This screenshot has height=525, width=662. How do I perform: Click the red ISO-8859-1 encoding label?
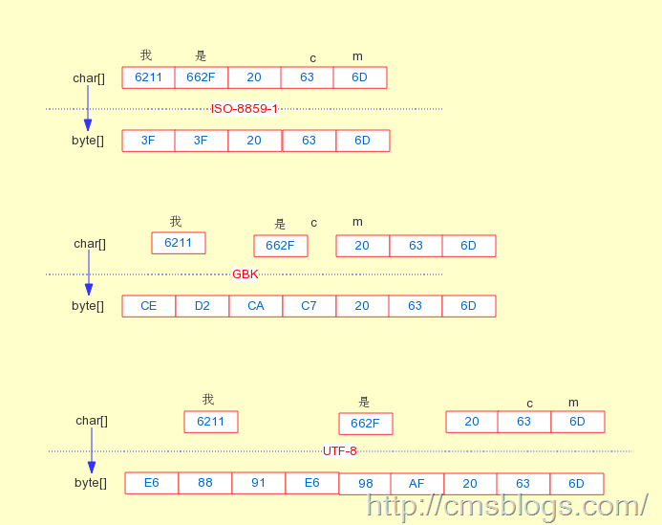(x=245, y=109)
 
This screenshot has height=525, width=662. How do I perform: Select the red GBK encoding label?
(x=246, y=274)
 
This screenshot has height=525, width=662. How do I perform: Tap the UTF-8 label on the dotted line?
(x=339, y=451)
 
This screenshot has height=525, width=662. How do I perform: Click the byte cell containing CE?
(x=149, y=306)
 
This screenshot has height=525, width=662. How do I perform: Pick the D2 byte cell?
(x=203, y=306)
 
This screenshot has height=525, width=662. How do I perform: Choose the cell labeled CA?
(x=256, y=306)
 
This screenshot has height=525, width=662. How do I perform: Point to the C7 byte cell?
(x=309, y=306)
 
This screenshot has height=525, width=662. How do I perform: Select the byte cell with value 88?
(x=205, y=483)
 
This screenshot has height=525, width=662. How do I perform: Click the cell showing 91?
(x=259, y=483)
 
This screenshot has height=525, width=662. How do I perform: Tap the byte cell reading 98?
(x=366, y=484)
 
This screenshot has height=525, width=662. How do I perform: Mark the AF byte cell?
(x=416, y=484)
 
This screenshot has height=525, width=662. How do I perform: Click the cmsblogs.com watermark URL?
(x=507, y=505)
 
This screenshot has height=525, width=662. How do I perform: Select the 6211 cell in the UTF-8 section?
(x=211, y=422)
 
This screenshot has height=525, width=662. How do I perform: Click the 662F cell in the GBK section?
(x=281, y=246)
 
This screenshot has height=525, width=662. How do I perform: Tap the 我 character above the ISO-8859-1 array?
(x=146, y=55)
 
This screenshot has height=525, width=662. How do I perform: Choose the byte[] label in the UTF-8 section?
(x=91, y=483)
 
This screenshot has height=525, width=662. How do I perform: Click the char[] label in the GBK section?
(x=90, y=244)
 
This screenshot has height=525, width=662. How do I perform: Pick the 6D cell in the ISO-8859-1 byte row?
(x=363, y=141)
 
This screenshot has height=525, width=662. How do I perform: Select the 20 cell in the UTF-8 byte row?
(x=470, y=484)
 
